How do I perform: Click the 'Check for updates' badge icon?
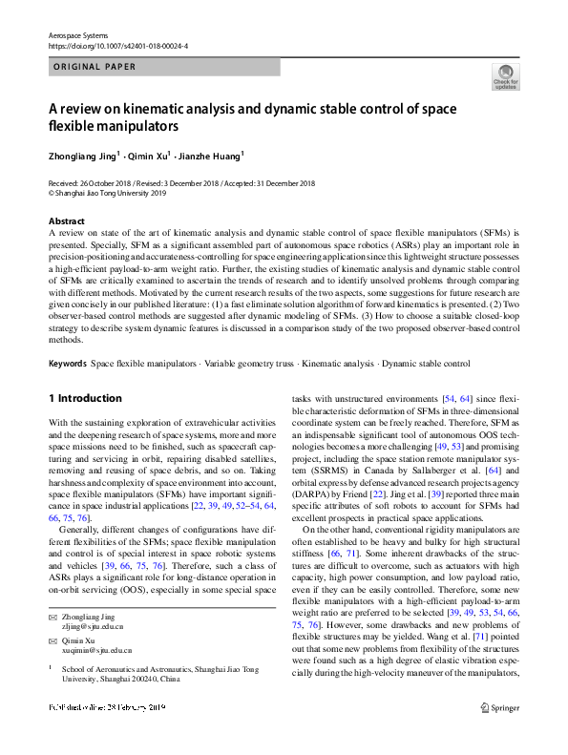505,77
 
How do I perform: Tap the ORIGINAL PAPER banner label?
93,67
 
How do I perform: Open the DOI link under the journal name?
117,45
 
